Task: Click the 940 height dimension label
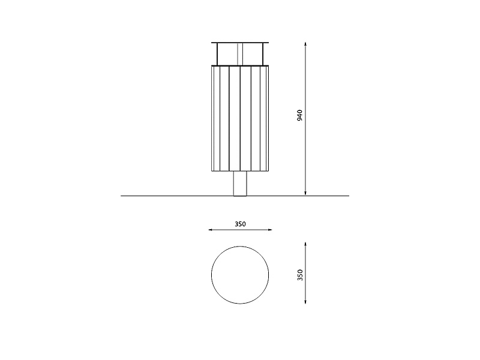coord(299,115)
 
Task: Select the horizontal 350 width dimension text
coord(241,224)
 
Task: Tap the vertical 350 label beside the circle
coord(300,275)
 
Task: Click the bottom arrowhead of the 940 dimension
coord(305,193)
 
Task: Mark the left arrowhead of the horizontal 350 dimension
coord(211,230)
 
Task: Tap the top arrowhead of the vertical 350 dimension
coord(305,244)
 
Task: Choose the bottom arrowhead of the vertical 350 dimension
coord(305,302)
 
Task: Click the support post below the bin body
coord(240,184)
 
